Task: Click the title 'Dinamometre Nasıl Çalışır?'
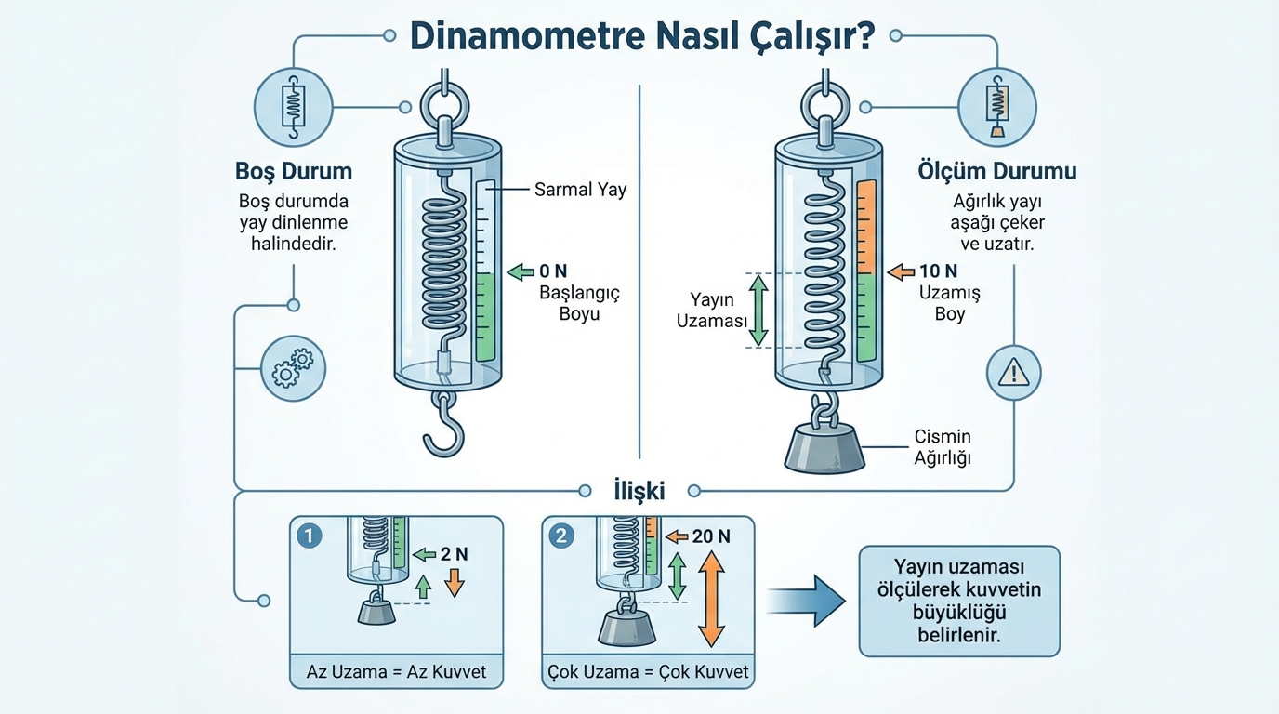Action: (641, 37)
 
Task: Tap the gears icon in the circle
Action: (294, 369)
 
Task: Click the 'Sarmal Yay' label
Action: (580, 190)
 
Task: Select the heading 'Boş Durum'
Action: (294, 172)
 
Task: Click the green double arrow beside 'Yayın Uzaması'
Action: (758, 310)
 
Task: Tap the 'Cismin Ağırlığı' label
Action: (943, 446)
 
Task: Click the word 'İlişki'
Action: (639, 490)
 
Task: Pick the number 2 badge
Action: (562, 536)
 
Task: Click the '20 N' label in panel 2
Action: (710, 536)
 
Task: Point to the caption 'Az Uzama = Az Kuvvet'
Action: (396, 671)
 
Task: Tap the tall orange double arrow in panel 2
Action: (711, 598)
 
